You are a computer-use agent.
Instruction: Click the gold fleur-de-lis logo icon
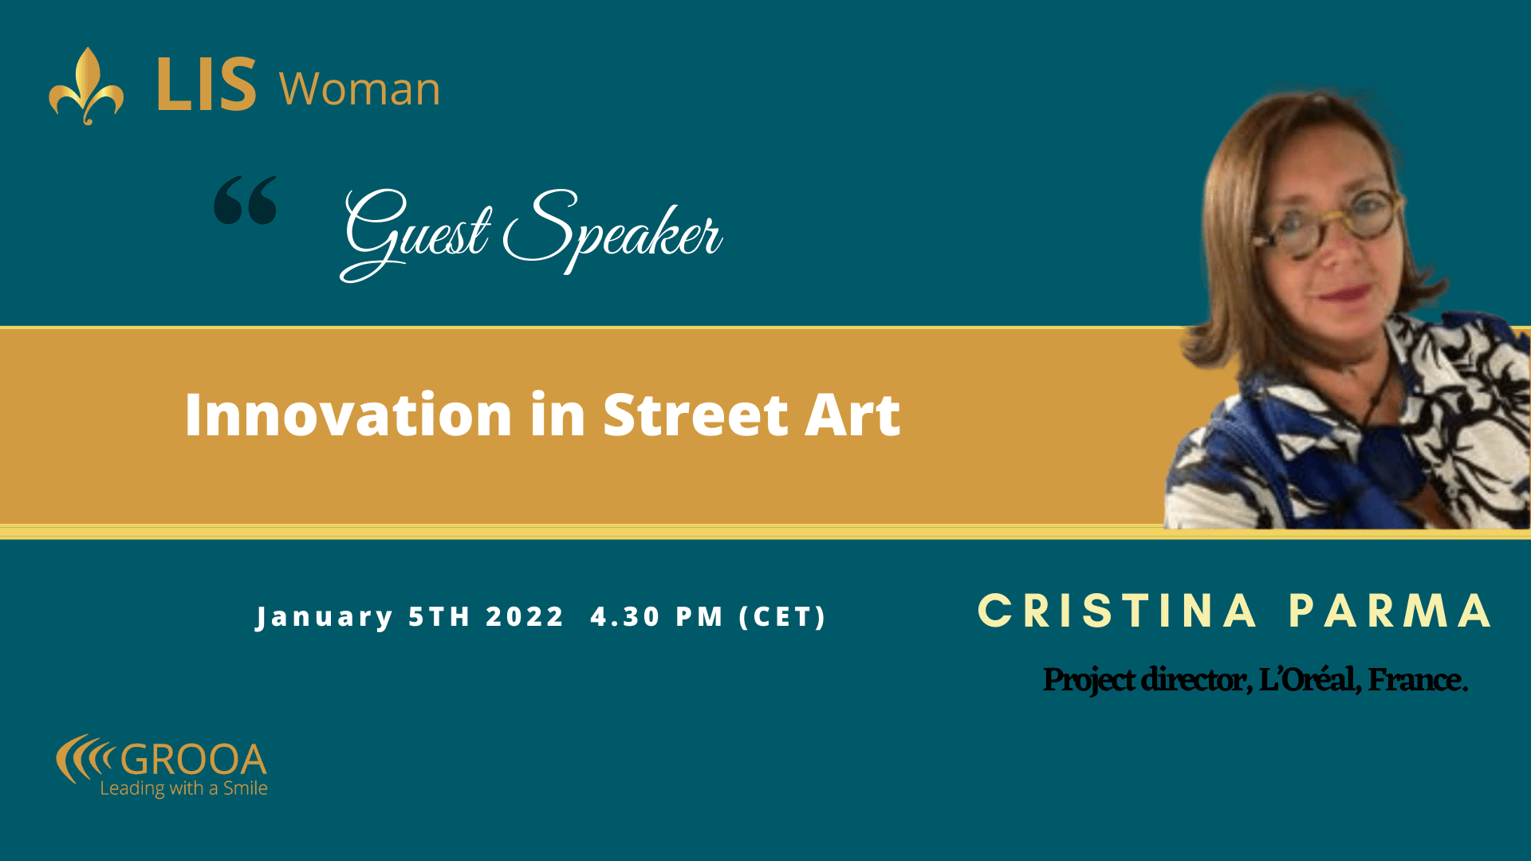point(86,86)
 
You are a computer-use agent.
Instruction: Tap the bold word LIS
point(207,85)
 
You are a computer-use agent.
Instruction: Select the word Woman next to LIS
point(360,88)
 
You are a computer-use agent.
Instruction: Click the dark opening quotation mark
point(246,200)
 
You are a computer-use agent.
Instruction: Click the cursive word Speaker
point(612,231)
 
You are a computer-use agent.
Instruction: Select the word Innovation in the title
point(348,415)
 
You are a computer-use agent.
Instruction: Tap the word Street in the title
point(696,415)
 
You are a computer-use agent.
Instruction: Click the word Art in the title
point(852,415)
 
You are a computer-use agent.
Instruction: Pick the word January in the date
point(325,618)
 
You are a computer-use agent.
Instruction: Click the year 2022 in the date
point(525,616)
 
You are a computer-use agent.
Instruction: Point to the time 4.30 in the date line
point(625,616)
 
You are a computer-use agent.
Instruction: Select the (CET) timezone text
point(783,616)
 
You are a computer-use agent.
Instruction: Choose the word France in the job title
point(1418,679)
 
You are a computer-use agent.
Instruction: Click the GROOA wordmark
point(193,760)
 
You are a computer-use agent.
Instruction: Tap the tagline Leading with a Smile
point(183,788)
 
